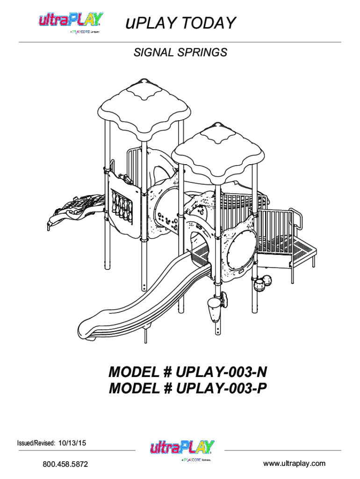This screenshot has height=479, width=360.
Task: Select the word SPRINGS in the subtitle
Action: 204,52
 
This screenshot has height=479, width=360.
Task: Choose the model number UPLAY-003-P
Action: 222,389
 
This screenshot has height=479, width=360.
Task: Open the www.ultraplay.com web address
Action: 294,464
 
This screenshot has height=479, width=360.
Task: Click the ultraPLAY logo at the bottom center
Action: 181,449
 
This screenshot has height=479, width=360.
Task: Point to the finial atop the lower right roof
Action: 217,125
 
